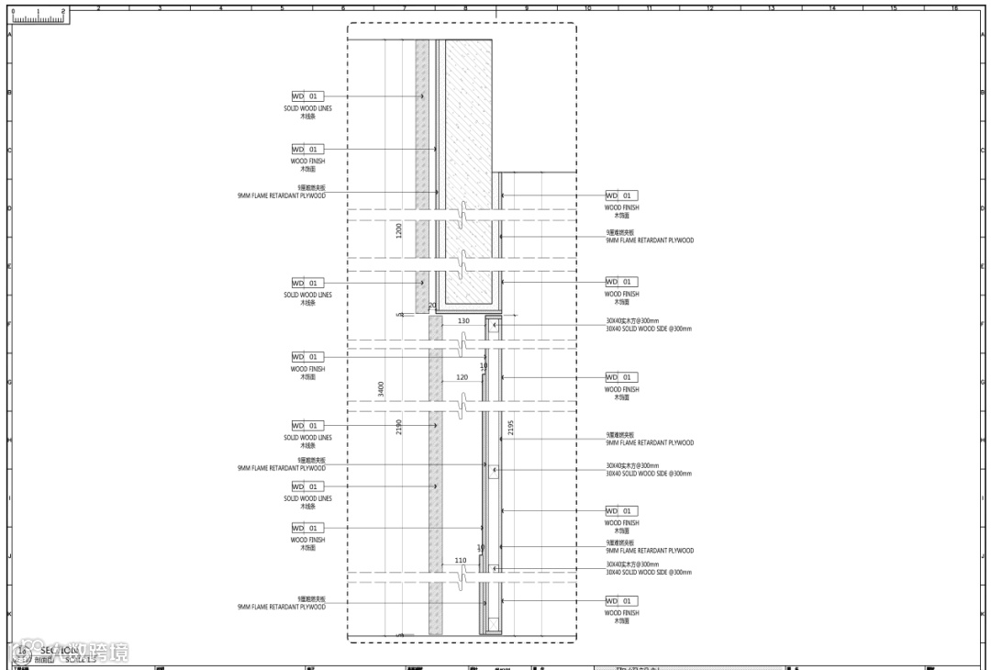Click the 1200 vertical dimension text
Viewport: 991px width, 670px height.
399,230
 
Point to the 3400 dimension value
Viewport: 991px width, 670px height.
381,389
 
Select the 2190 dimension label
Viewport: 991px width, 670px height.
399,427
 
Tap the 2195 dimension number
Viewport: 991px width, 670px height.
511,428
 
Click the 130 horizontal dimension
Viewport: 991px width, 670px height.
463,321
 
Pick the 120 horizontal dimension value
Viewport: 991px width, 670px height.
462,377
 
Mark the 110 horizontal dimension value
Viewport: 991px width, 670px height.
461,560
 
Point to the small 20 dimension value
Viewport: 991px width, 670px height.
432,306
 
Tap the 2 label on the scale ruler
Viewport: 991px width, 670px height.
62,11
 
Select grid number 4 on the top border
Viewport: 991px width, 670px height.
220,8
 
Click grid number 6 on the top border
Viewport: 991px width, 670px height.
343,8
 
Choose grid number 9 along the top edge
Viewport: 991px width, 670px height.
527,8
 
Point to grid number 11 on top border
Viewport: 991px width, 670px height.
649,8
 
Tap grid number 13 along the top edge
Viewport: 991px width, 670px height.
771,8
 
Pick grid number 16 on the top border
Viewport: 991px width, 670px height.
954,8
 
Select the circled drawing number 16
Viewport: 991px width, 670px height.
22,652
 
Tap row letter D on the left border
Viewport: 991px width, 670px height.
9,208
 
